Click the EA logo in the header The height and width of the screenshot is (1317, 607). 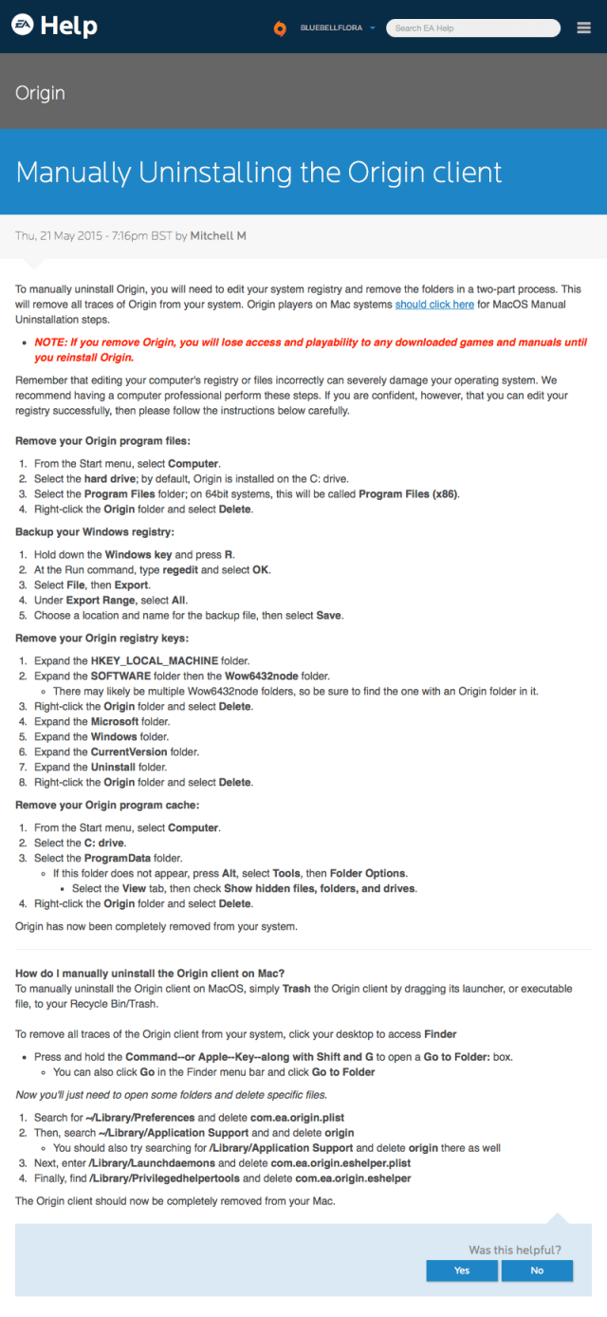click(x=23, y=26)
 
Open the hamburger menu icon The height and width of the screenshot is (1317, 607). click(x=584, y=28)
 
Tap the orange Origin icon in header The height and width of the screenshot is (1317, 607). click(x=280, y=28)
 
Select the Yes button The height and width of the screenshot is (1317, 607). click(x=462, y=1271)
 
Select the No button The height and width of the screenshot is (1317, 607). click(x=537, y=1271)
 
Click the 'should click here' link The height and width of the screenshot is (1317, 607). click(x=434, y=305)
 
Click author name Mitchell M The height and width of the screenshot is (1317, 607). click(x=218, y=235)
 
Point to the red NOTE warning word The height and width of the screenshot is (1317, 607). click(x=52, y=342)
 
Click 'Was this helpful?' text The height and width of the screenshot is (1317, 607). click(x=515, y=1250)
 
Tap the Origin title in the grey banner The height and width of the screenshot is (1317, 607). click(x=40, y=93)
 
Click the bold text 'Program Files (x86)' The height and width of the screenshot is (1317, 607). click(x=410, y=493)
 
